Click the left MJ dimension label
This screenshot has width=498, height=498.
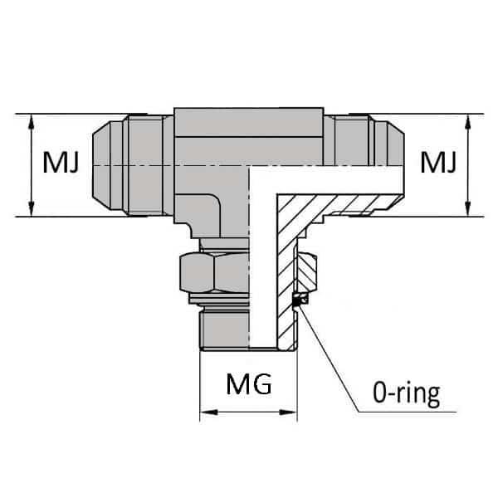click(61, 164)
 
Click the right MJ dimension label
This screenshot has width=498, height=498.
click(437, 163)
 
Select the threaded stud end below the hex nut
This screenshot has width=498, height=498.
click(222, 328)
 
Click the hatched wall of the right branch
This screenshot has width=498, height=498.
click(332, 199)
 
